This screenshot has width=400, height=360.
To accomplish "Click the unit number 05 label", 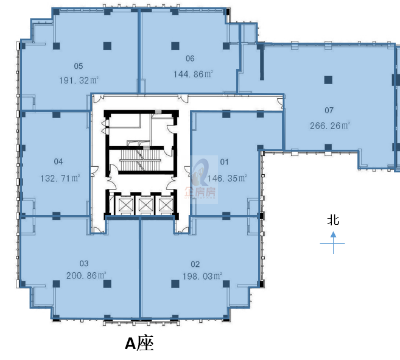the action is tap(79, 66).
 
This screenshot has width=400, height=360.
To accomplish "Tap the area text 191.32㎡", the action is tap(79, 80).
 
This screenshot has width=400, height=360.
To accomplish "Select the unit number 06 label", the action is tap(190, 58).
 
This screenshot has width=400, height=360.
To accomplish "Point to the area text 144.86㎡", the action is tap(193, 74).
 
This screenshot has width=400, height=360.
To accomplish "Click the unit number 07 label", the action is tap(329, 110).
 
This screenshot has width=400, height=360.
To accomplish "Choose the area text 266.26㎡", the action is tap(330, 125).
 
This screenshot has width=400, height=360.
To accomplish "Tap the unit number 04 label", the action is tap(58, 161).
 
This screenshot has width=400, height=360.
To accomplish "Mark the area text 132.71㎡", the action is tap(60, 178).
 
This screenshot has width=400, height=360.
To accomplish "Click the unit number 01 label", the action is tap(225, 161).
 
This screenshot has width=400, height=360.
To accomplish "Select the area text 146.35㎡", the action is tap(227, 178).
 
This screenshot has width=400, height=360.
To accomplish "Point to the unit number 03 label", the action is tap(84, 263).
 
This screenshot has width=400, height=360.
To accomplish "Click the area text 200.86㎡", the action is tap(86, 275).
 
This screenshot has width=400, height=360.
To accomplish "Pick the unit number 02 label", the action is tap(195, 264).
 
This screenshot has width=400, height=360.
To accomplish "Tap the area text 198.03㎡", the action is tap(202, 276).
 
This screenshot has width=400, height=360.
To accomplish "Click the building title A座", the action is tap(139, 344).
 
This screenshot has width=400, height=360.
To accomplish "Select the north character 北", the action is tap(333, 221).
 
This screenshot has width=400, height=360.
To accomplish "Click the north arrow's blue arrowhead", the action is tap(333, 234).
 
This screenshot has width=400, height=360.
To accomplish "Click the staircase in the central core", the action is tap(140, 160).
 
